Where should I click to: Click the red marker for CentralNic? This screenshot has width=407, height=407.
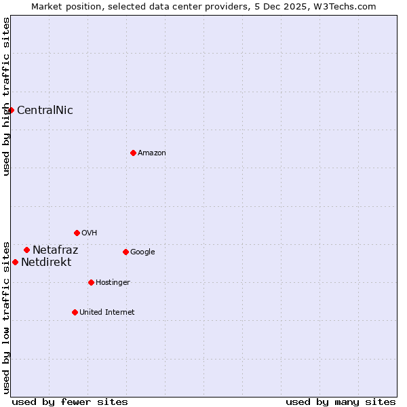[x=11, y=110]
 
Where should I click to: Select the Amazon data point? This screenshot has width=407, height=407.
[x=133, y=153]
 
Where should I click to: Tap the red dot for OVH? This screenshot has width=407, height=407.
[x=77, y=233]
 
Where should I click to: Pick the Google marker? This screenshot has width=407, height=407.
[x=125, y=252]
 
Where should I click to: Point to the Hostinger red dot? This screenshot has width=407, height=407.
[x=91, y=282]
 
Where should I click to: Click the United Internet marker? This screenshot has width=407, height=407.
[x=75, y=312]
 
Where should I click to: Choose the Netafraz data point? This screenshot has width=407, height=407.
[x=26, y=250]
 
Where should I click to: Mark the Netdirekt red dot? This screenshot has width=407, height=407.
[x=15, y=262]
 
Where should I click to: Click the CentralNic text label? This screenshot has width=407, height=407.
[x=45, y=111]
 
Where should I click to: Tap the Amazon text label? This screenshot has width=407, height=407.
[x=152, y=153]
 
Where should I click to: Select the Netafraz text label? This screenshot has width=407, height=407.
[x=55, y=250]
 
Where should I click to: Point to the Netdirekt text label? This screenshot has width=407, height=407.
[x=46, y=263]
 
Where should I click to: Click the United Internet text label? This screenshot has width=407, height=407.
[x=107, y=313]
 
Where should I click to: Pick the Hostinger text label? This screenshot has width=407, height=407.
[x=113, y=283]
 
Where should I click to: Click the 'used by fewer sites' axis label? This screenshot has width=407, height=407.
[x=70, y=402]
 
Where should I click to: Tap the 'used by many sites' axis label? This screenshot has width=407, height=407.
[x=341, y=402]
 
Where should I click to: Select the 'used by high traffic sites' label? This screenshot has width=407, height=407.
[x=6, y=96]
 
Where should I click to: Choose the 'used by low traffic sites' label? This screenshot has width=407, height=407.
[x=6, y=317]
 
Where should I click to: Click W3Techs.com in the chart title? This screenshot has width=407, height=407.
[x=347, y=6]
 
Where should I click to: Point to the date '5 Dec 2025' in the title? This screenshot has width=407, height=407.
[x=290, y=6]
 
